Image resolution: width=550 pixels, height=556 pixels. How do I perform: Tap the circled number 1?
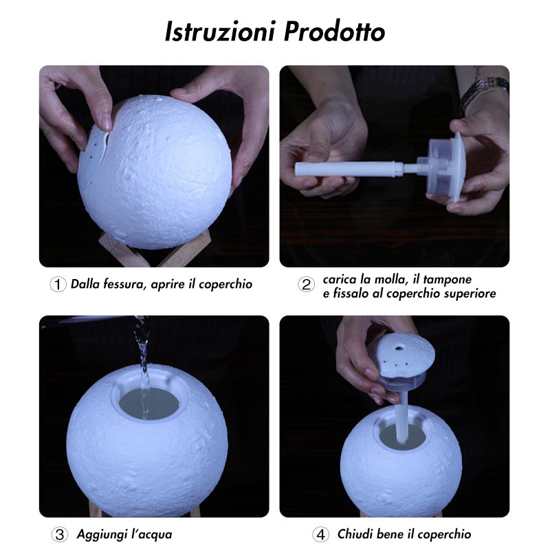(x=58, y=285)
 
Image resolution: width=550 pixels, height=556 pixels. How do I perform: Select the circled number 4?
(x=321, y=534)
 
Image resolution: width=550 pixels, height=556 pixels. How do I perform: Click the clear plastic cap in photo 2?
(x=447, y=165)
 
